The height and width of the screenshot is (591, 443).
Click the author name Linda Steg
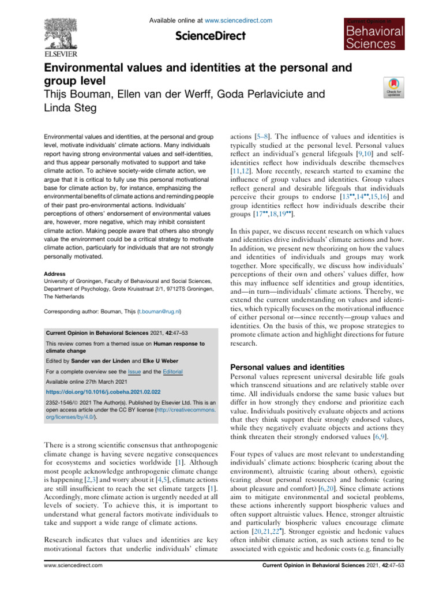[x=70, y=107]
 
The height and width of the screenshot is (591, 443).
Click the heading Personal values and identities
[x=287, y=366]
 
